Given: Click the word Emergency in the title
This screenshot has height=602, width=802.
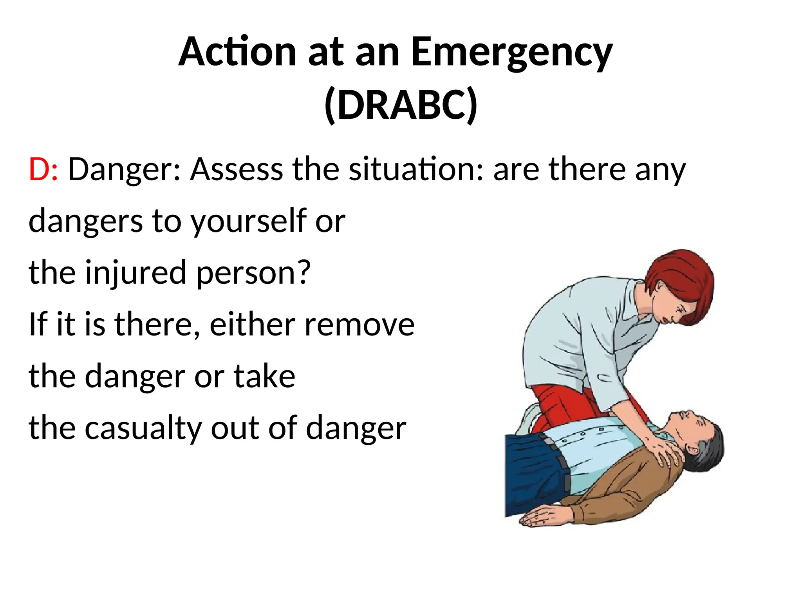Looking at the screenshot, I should point(511,53).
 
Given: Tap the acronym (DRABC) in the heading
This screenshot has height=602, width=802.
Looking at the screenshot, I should point(401,105).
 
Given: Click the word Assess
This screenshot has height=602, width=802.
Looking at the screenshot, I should point(236,169).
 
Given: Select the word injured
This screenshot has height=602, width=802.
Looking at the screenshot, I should point(135,272).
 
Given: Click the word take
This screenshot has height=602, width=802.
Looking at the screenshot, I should point(264,376).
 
